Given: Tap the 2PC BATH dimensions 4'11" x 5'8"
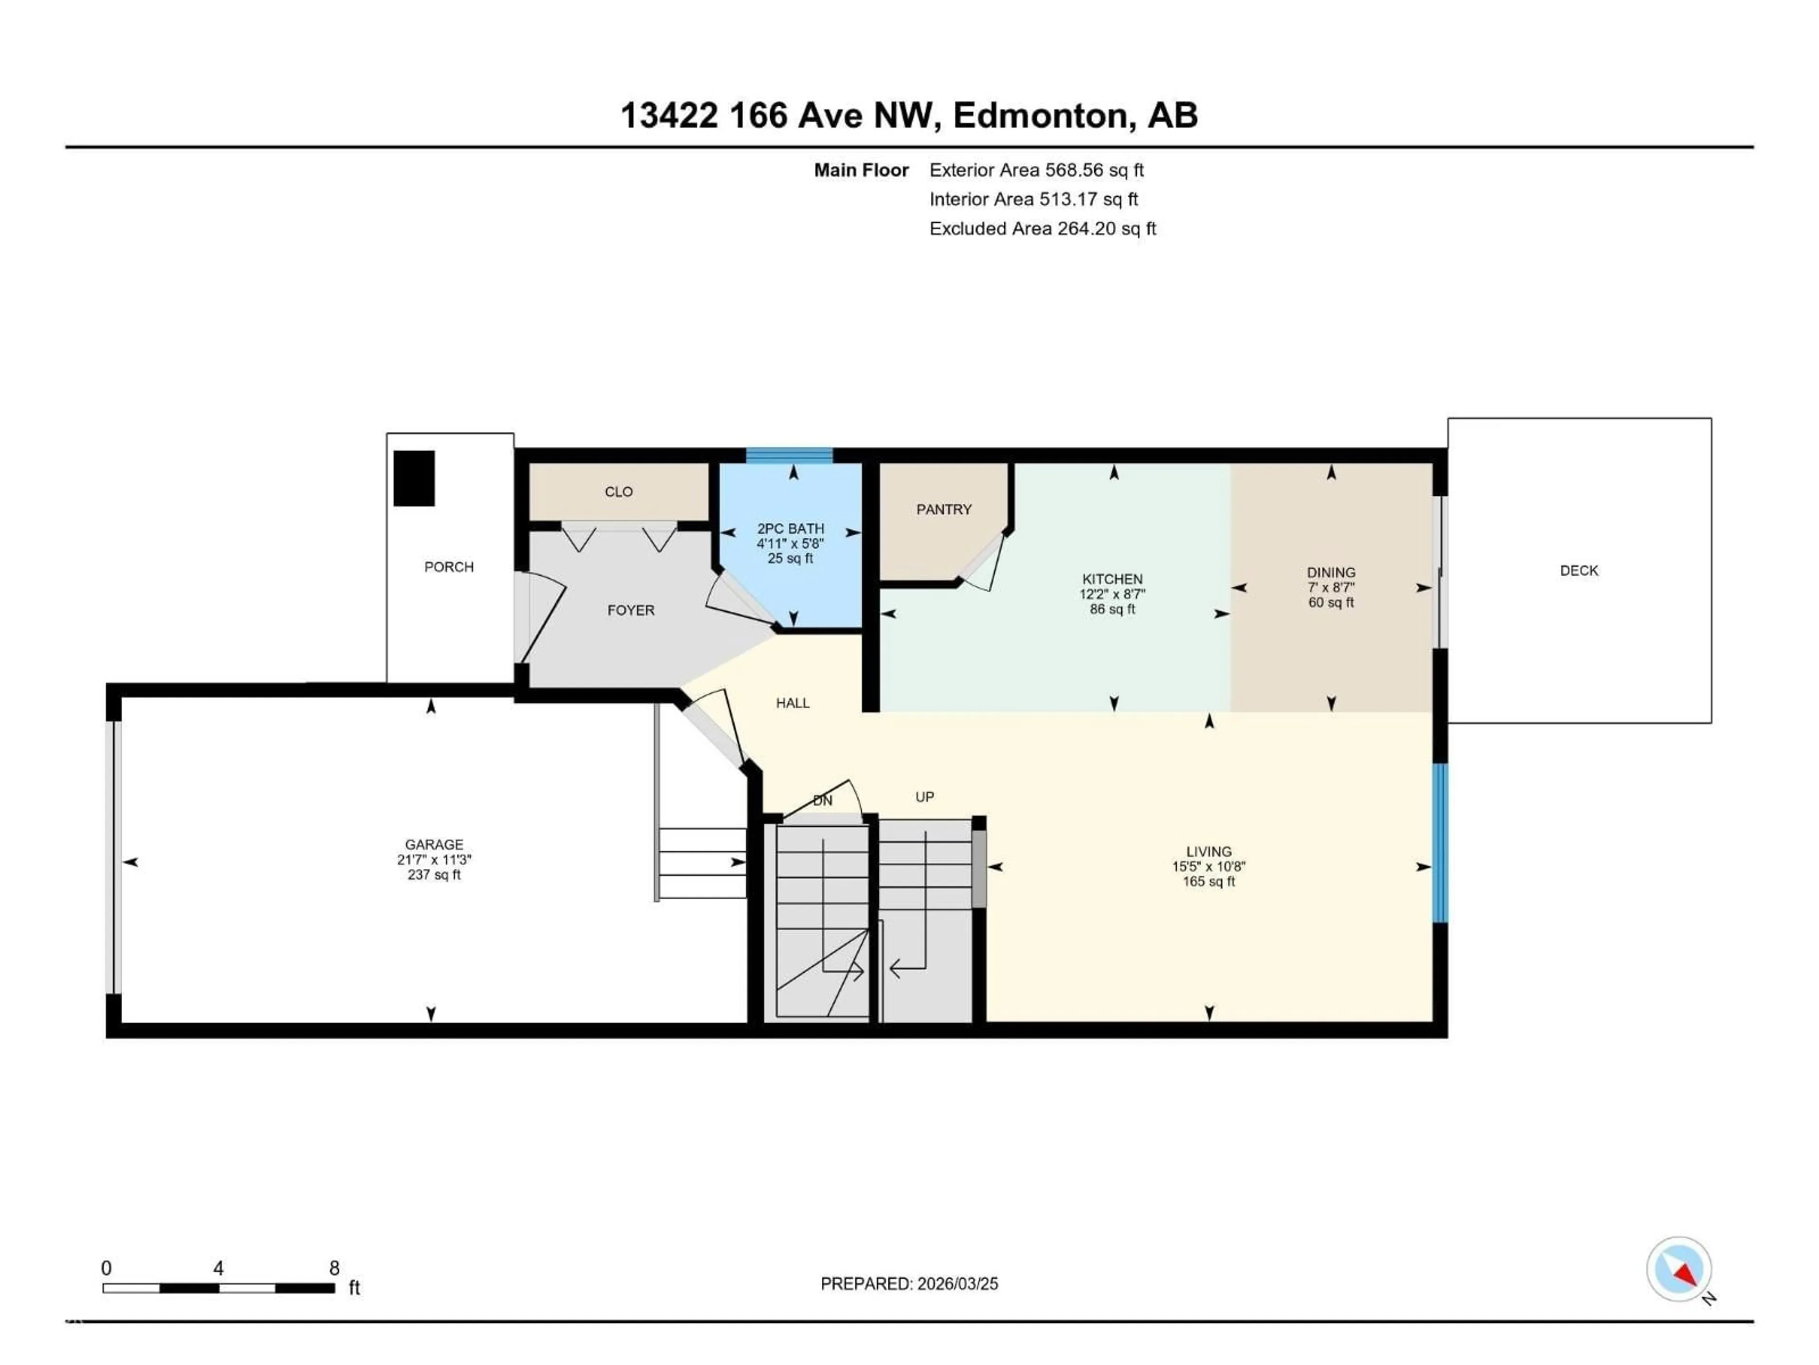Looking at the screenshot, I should pyautogui.click(x=790, y=544).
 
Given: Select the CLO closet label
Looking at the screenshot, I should pyautogui.click(x=618, y=492).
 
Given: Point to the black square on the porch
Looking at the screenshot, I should pyautogui.click(x=414, y=478).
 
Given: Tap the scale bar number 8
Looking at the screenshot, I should pyautogui.click(x=334, y=1268).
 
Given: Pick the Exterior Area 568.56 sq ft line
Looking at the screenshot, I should pyautogui.click(x=1036, y=170).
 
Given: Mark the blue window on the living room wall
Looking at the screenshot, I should pyautogui.click(x=1439, y=843).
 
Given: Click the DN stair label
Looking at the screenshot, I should pyautogui.click(x=822, y=801).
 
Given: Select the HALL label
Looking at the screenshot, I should pyautogui.click(x=792, y=703).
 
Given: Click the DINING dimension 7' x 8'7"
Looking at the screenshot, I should pyautogui.click(x=1331, y=587).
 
